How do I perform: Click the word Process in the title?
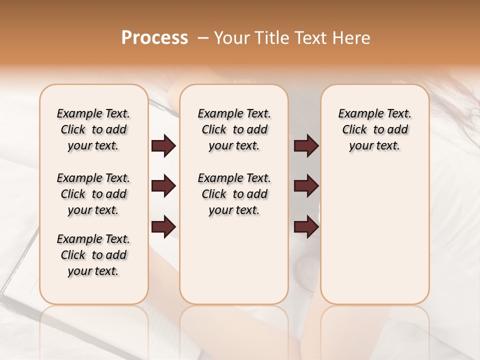154,38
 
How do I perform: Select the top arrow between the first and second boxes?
163,146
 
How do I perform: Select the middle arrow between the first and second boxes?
163,186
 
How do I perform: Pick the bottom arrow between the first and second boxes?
163,226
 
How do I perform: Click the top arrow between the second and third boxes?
306,146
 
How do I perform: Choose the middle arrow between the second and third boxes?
306,186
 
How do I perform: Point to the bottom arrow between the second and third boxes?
306,226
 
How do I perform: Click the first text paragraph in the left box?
93,129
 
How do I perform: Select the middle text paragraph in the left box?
93,194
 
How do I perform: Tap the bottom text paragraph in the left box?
93,255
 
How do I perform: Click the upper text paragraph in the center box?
234,129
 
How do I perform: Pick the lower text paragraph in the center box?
234,194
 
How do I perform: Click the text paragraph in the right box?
374,129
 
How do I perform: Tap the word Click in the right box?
354,130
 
